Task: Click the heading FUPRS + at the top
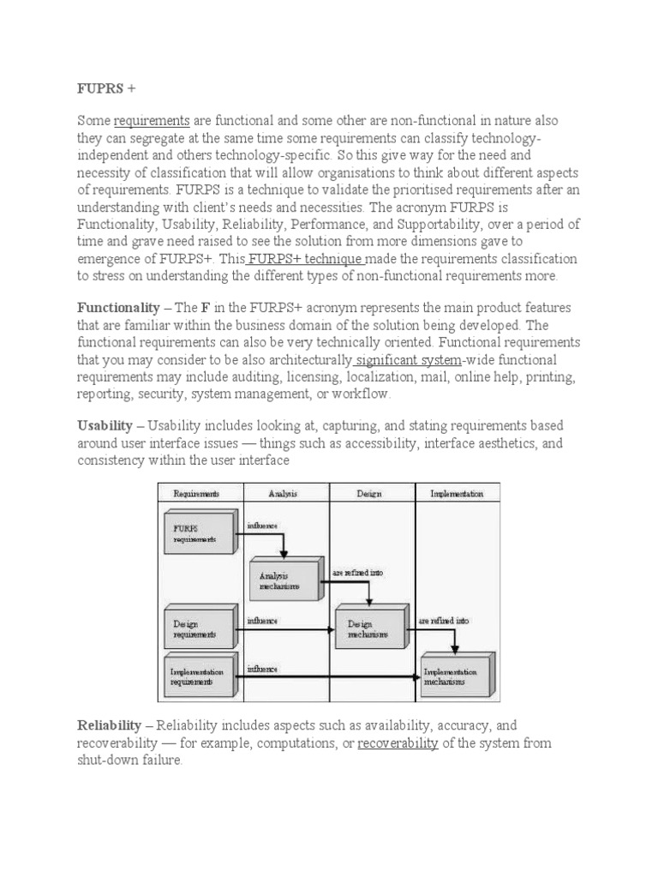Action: tap(106, 88)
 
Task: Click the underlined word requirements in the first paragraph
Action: tap(152, 121)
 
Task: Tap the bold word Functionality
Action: tap(118, 307)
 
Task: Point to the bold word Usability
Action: tap(105, 425)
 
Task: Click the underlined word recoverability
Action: tap(398, 743)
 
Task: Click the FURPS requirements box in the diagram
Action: tap(197, 532)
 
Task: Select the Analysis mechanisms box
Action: tap(282, 580)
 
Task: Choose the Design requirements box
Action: tap(197, 628)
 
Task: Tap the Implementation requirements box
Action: tap(197, 676)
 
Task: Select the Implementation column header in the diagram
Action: tap(456, 493)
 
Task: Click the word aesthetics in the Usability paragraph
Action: tap(505, 442)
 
